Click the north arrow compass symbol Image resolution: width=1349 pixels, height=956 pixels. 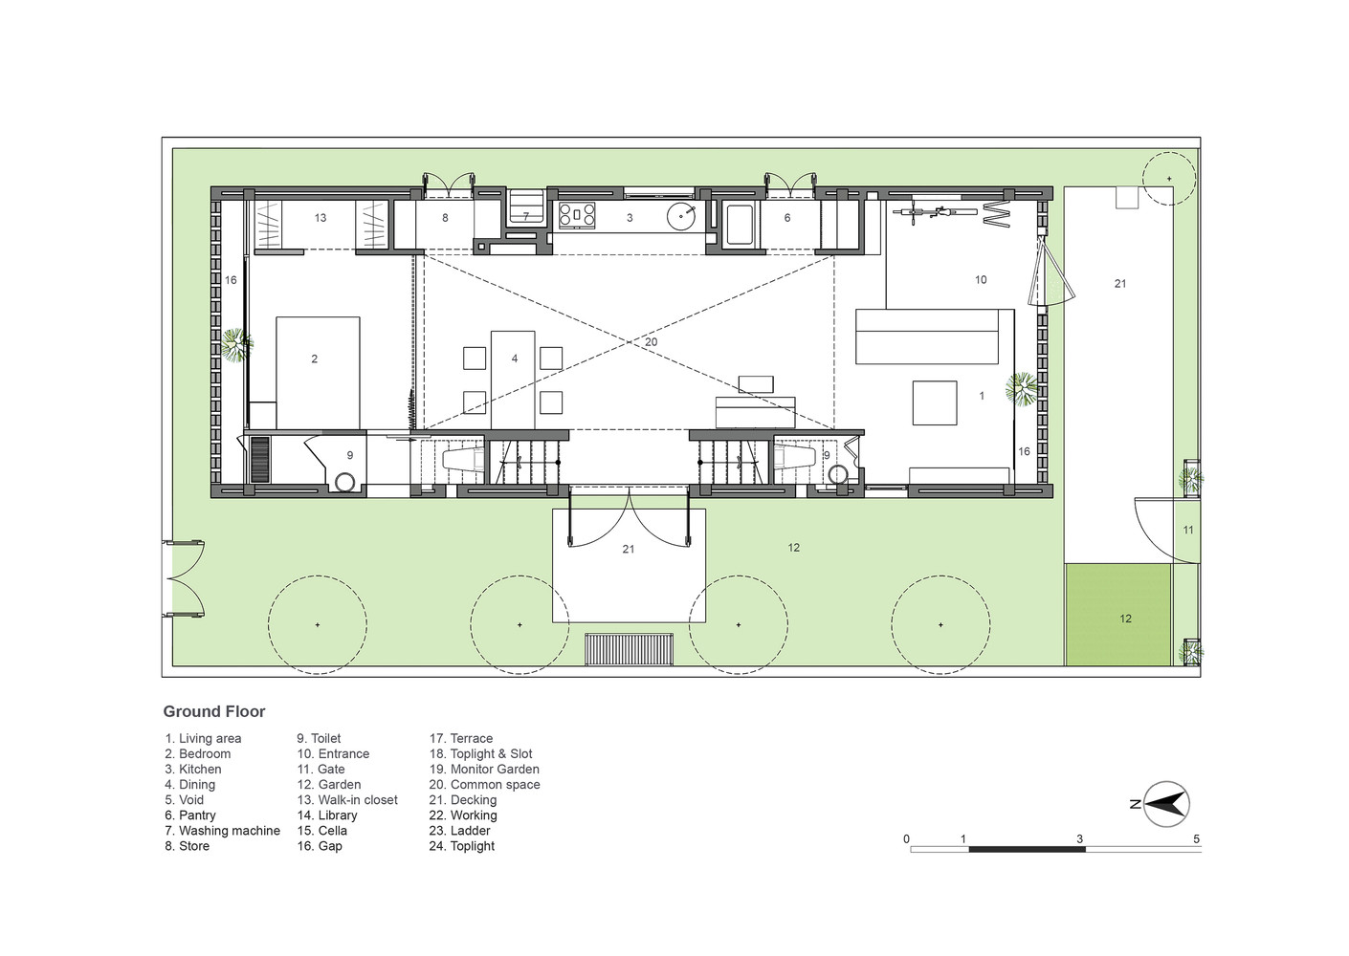pos(1166,804)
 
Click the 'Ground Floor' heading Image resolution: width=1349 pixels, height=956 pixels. pos(214,711)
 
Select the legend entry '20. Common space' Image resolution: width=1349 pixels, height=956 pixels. pos(485,785)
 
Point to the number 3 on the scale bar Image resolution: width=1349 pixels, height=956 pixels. pos(1080,838)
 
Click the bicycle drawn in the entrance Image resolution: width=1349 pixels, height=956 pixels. pos(935,212)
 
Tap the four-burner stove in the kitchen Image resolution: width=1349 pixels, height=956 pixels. pos(577,215)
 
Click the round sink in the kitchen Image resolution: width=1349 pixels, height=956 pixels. pos(682,216)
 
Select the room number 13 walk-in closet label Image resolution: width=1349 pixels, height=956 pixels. pos(321,218)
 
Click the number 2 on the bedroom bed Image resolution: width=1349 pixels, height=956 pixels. pos(315,359)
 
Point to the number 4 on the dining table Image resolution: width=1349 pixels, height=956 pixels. pos(515,358)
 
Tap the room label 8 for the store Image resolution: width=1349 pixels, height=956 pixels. pos(445,218)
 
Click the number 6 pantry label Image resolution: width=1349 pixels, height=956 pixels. pos(787,218)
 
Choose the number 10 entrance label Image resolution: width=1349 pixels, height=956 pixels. pos(981,279)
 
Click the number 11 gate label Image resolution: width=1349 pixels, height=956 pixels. pos(1188,530)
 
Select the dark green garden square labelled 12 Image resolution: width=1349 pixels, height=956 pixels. pos(1118,615)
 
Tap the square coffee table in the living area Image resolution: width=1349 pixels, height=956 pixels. pos(935,402)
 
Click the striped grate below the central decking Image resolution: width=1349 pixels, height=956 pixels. pos(630,649)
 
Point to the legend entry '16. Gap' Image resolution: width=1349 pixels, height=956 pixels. pos(320,846)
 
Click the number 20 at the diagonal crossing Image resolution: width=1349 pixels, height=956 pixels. pos(651,341)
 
